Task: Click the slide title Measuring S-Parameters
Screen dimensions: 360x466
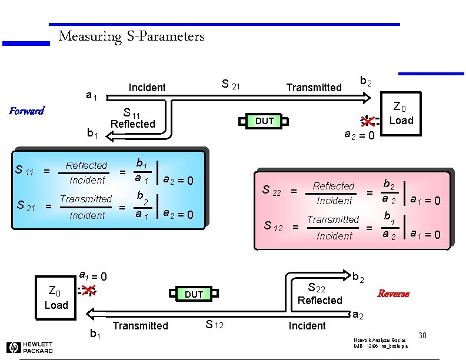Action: click(x=132, y=37)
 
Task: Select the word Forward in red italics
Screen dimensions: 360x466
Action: click(x=26, y=111)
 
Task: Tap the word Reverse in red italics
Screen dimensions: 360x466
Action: click(x=393, y=294)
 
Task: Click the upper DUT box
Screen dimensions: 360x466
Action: click(x=264, y=121)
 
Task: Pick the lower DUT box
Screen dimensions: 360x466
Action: click(x=194, y=294)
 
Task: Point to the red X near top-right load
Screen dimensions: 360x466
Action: click(x=367, y=121)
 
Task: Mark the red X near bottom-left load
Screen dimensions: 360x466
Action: click(x=88, y=289)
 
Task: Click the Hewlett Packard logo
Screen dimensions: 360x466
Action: click(x=30, y=347)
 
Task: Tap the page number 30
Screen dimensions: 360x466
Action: click(x=422, y=335)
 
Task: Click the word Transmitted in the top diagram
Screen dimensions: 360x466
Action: click(x=314, y=88)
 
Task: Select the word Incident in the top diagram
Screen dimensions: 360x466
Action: click(x=147, y=88)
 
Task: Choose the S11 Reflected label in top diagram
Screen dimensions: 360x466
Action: click(x=132, y=118)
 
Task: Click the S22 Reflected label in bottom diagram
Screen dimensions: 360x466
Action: click(x=319, y=294)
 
